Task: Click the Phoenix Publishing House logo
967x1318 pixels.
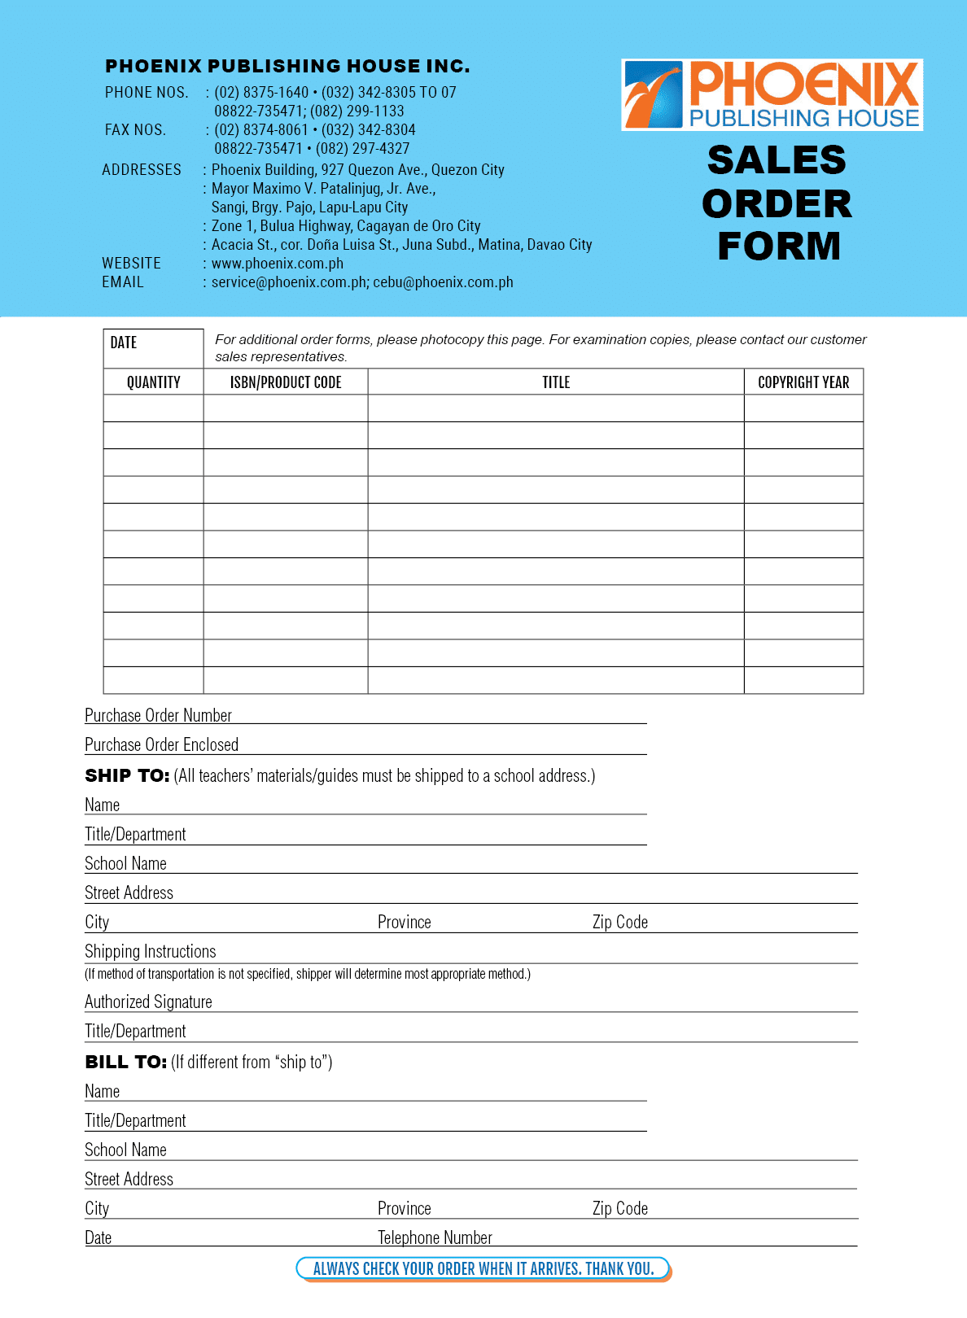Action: [772, 94]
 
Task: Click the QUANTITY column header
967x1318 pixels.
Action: [153, 382]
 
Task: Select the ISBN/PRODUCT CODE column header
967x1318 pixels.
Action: [286, 382]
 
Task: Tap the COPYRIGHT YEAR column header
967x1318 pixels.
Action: [803, 382]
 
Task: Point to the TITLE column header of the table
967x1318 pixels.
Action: [556, 382]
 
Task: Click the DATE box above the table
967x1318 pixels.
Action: [153, 348]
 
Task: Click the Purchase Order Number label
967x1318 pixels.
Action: [159, 715]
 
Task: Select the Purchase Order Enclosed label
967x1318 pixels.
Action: [162, 744]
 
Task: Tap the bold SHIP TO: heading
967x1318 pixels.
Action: [127, 776]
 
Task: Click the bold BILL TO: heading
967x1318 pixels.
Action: [126, 1063]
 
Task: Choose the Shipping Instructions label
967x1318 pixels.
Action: [151, 951]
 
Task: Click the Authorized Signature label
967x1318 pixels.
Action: [148, 1002]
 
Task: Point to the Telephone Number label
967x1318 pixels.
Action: [435, 1237]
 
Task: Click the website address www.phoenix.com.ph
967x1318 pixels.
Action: [278, 264]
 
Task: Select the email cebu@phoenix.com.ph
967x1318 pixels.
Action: [444, 282]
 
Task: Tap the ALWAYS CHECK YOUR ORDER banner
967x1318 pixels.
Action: [483, 1268]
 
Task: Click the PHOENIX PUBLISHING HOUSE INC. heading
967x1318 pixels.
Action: [287, 66]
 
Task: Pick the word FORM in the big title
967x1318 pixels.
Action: [779, 247]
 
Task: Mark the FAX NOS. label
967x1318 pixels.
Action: [135, 130]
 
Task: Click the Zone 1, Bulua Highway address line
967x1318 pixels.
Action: [346, 226]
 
